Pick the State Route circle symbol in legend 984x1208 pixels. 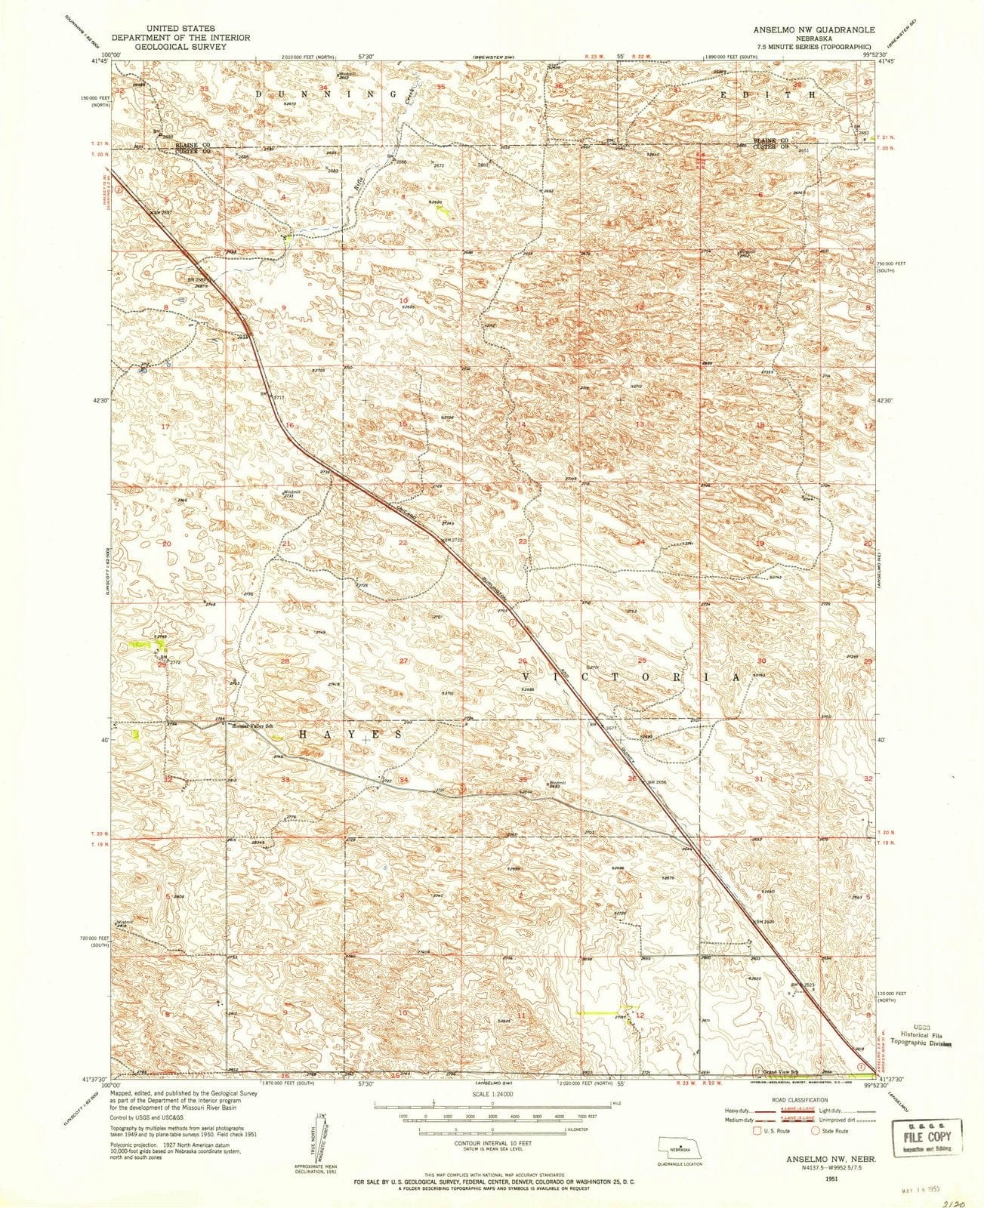816,1130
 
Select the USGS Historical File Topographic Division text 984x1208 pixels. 921,1034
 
